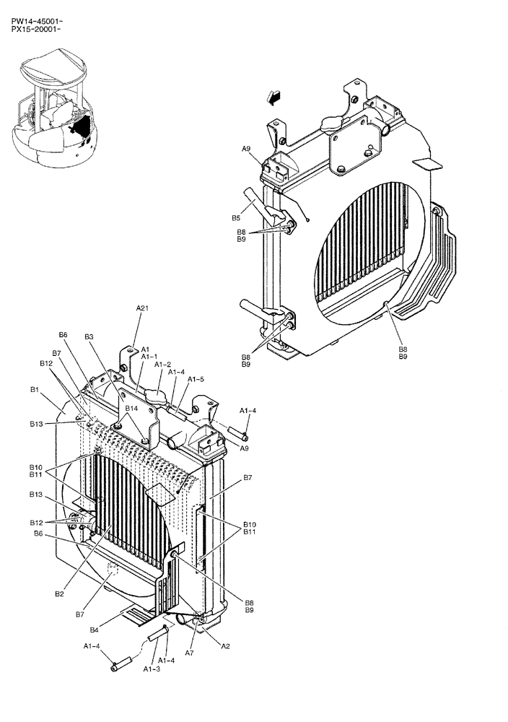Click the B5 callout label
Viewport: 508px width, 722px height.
[235, 217]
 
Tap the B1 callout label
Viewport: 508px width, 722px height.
[34, 389]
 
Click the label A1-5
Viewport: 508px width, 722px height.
[196, 379]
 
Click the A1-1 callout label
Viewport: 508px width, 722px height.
[149, 356]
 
